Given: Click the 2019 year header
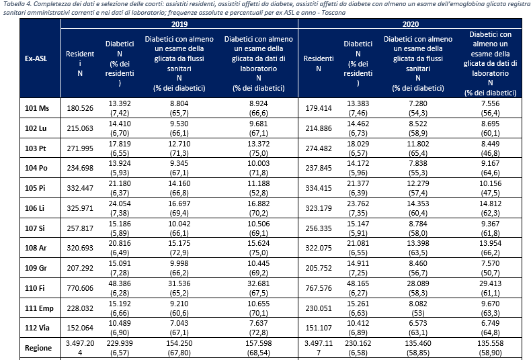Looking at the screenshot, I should click(x=179, y=24).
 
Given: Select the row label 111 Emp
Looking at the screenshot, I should click(x=38, y=310).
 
